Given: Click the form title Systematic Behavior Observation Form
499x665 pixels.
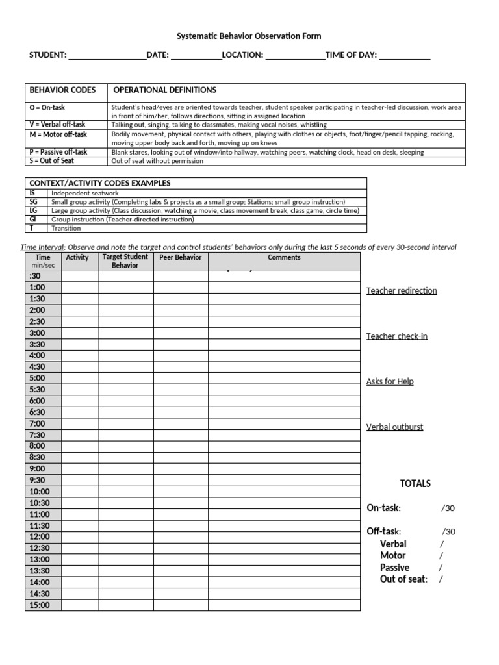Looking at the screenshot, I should [249, 36].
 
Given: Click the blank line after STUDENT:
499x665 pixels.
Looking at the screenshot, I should [107, 56].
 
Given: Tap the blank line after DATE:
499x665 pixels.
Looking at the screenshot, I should [196, 56].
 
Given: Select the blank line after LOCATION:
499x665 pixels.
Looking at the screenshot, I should [295, 56].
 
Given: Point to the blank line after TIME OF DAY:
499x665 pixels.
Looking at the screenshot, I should [404, 56].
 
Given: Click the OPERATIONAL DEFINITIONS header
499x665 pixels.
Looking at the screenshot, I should [165, 90].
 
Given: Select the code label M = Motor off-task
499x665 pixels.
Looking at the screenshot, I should [58, 134].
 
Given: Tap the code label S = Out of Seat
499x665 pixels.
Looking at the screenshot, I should [52, 160].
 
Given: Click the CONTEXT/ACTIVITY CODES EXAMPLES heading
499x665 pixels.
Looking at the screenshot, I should [100, 183].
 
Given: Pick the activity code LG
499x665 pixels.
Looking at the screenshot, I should [34, 211].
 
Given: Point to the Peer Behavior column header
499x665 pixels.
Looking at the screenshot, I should [181, 258].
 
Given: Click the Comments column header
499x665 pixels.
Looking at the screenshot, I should [284, 258].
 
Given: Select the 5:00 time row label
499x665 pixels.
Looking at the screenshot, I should [37, 378].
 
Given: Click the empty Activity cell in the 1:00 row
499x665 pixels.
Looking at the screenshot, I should [80, 287].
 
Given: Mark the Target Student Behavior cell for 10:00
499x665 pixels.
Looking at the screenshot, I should [126, 492].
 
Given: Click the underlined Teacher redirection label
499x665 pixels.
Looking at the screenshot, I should [402, 290].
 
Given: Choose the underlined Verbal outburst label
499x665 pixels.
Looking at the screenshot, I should [394, 427].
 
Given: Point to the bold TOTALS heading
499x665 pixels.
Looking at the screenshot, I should [415, 484].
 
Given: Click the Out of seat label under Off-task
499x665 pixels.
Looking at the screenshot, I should [403, 579].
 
